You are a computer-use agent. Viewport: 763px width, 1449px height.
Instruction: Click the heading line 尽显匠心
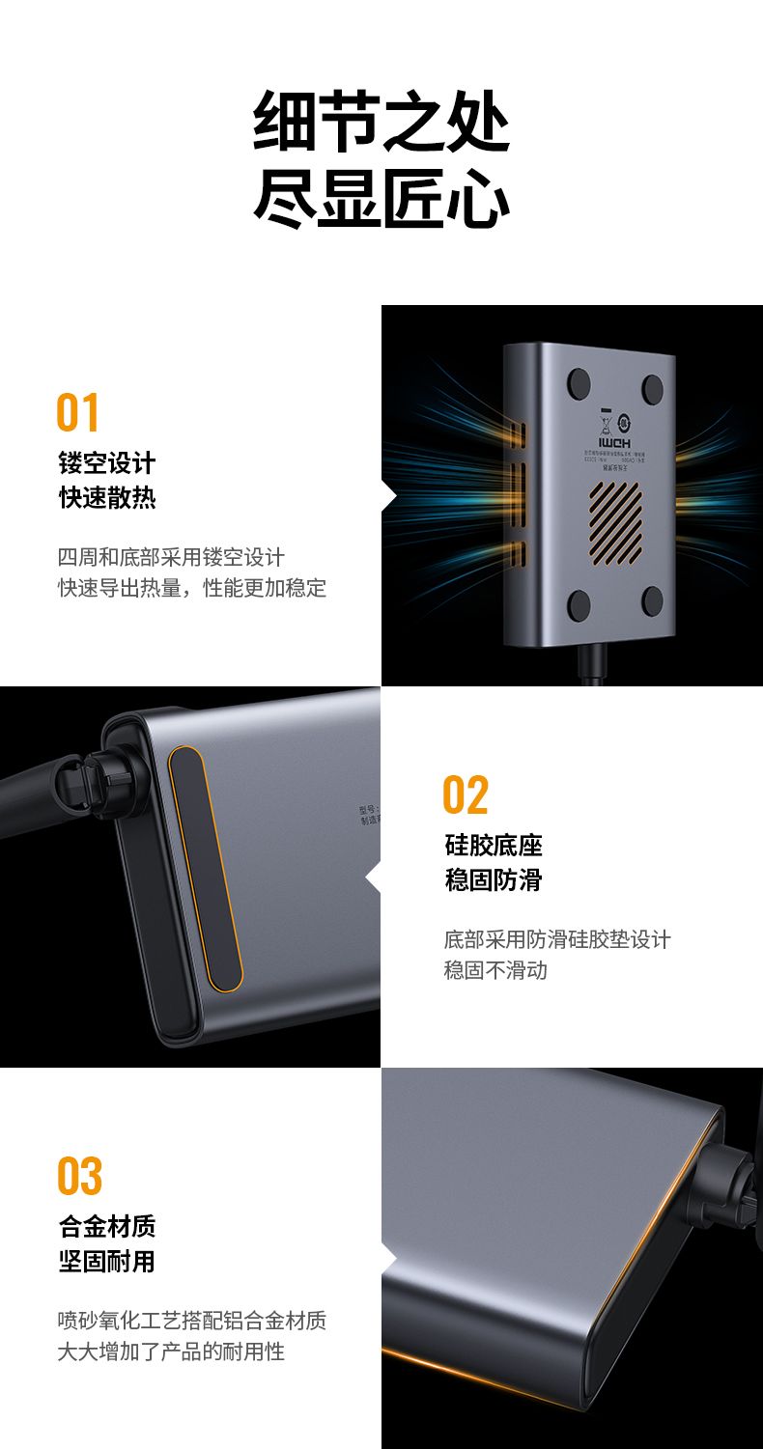pyautogui.click(x=381, y=200)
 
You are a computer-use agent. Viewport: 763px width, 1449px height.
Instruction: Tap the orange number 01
pyautogui.click(x=78, y=413)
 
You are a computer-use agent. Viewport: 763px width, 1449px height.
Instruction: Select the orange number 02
pyautogui.click(x=466, y=795)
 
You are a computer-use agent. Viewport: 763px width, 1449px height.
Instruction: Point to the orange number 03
pyautogui.click(x=79, y=1177)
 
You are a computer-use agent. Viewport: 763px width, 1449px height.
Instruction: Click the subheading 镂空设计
pyautogui.click(x=106, y=463)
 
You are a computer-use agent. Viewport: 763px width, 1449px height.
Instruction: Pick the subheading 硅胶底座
pyautogui.click(x=494, y=846)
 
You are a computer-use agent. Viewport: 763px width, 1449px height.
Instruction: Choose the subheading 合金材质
pyautogui.click(x=106, y=1227)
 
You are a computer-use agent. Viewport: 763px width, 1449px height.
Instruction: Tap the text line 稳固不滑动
pyautogui.click(x=495, y=970)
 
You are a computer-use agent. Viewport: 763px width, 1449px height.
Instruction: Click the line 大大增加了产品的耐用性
pyautogui.click(x=171, y=1351)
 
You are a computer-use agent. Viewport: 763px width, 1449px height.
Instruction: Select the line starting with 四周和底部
pyautogui.click(x=171, y=557)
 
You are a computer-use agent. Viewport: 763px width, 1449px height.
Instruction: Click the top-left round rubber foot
pyautogui.click(x=579, y=382)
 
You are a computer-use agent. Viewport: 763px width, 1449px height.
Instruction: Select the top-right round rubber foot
pyautogui.click(x=652, y=389)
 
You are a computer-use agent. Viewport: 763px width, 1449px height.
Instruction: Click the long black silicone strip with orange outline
pyautogui.click(x=205, y=869)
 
